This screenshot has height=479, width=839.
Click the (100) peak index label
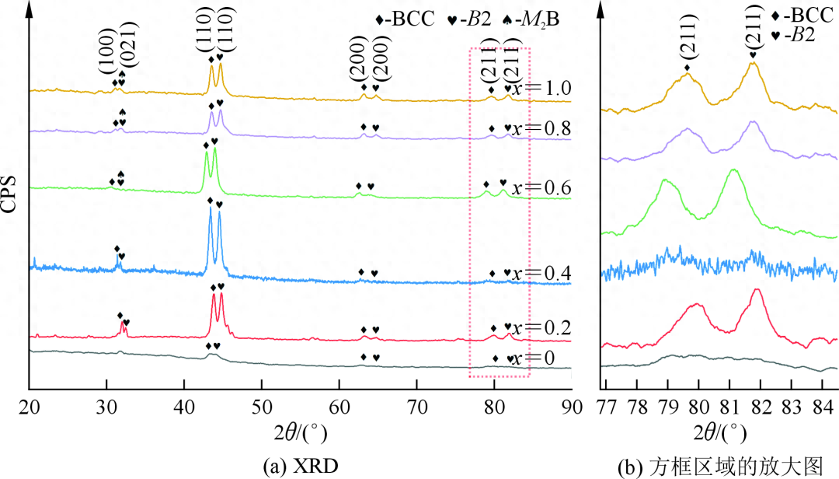tap(109, 61)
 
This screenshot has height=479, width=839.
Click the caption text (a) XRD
tap(301, 464)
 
